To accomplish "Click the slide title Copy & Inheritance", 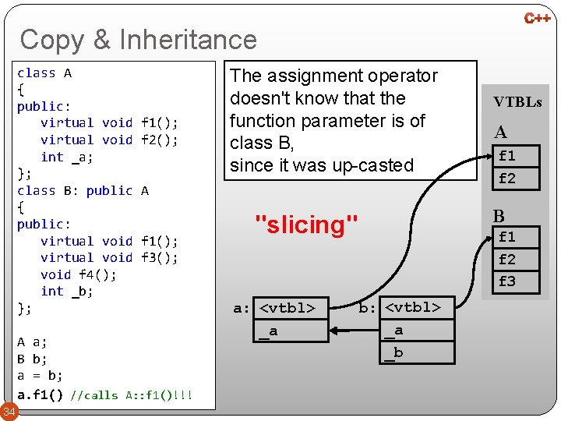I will (x=138, y=39).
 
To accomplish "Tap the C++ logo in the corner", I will (x=537, y=17).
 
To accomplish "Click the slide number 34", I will (x=9, y=411).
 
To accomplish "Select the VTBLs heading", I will (x=517, y=102).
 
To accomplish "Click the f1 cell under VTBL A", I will (x=507, y=156).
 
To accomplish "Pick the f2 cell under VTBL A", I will (x=507, y=179).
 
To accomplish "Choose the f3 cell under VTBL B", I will (x=507, y=281).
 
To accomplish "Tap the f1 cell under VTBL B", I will (x=507, y=236).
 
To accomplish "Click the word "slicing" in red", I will (x=307, y=225).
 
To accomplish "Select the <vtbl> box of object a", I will (x=288, y=308).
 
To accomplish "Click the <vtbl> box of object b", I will (x=413, y=308).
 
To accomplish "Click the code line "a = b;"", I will (x=41, y=375).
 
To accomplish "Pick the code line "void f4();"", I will (x=78, y=274).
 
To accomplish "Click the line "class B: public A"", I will (x=83, y=190).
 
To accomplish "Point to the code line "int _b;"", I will (x=66, y=292).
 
